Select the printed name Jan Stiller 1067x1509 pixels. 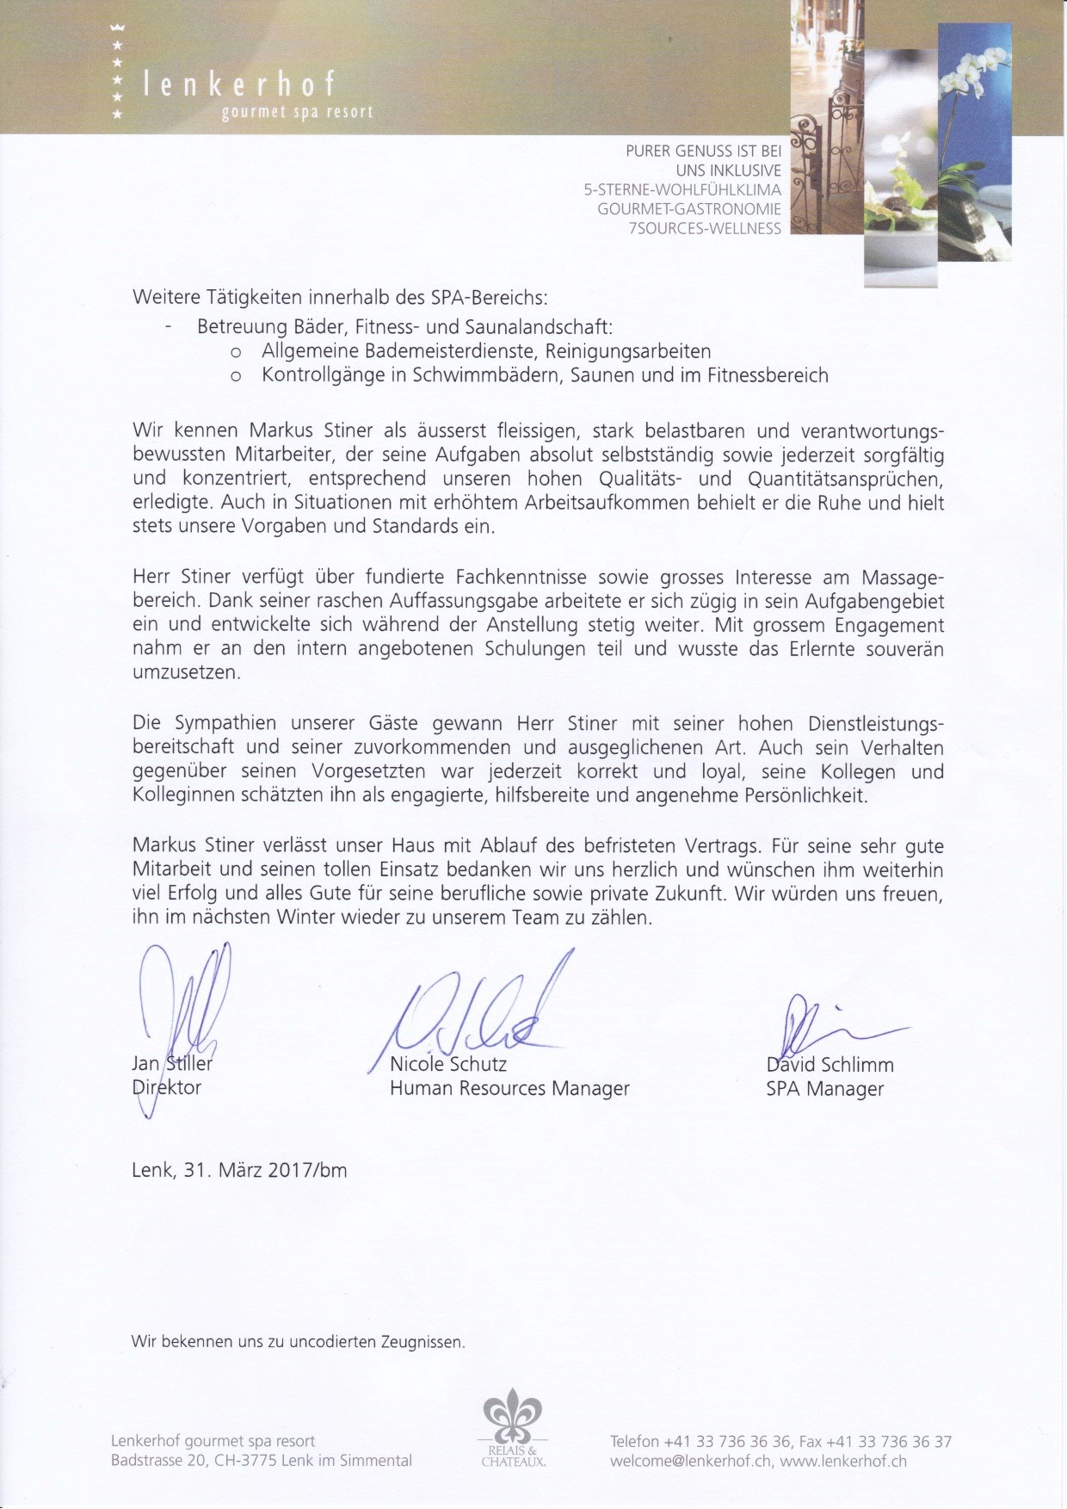point(171,1063)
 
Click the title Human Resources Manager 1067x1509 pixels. point(509,1089)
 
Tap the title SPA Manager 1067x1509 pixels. point(824,1089)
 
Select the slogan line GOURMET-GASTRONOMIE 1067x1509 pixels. point(689,209)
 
